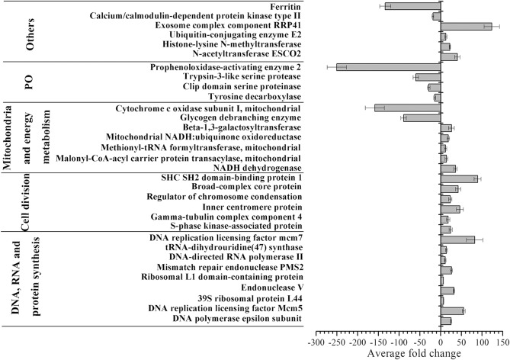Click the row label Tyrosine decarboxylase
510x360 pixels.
256,97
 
